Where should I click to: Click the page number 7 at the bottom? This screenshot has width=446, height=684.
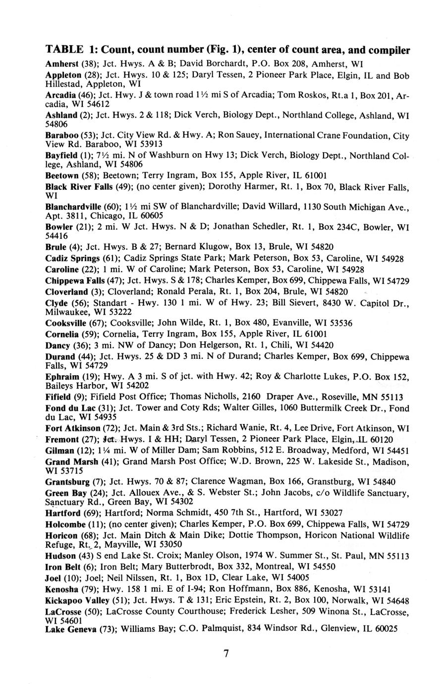pos(226,654)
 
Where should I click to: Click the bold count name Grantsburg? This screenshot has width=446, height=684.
pos(67,481)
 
